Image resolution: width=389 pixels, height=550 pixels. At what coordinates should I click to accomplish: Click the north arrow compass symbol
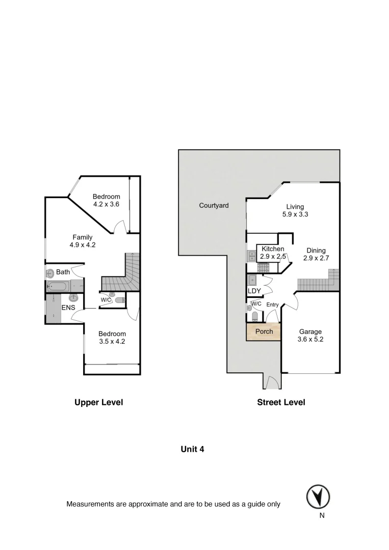(x=318, y=496)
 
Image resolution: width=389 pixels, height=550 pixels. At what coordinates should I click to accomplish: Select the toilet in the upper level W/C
(x=119, y=300)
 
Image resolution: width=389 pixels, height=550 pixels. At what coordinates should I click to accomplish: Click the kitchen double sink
(x=252, y=256)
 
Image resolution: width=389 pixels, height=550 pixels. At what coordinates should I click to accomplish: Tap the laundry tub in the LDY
(x=252, y=280)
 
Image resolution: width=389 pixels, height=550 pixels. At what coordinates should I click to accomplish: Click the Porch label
(x=264, y=332)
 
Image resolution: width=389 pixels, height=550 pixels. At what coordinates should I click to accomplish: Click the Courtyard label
(x=214, y=206)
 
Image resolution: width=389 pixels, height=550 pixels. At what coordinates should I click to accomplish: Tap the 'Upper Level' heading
(x=99, y=402)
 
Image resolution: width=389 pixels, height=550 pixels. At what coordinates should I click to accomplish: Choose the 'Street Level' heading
(x=281, y=402)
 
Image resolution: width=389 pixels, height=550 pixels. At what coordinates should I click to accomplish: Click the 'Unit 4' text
(x=193, y=449)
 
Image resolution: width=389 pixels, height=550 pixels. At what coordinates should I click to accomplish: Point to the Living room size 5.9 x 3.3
(x=295, y=214)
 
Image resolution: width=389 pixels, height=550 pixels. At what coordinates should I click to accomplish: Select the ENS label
(x=69, y=308)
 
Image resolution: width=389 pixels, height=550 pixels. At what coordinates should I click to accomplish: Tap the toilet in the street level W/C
(x=249, y=308)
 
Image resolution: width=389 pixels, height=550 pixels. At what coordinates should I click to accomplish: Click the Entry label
(x=272, y=305)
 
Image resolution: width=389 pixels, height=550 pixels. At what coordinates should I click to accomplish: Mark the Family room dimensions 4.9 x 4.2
(x=82, y=244)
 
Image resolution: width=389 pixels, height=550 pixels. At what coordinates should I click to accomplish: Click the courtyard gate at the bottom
(x=271, y=382)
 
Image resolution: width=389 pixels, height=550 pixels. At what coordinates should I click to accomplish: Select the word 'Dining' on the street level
(x=316, y=250)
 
